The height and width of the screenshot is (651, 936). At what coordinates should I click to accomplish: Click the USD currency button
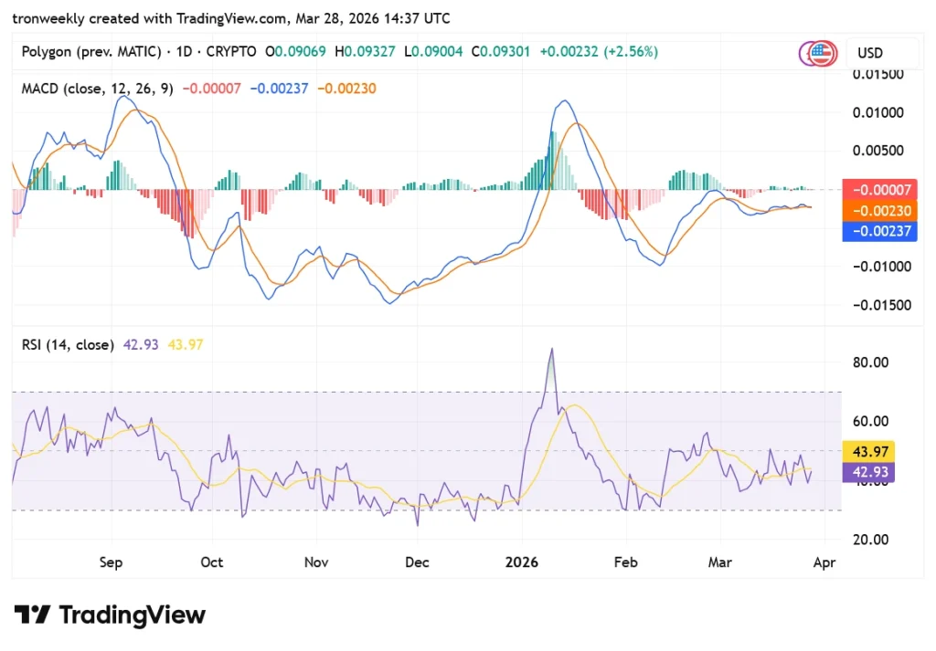coord(869,53)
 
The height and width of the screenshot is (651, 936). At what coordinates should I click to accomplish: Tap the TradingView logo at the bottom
coord(110,614)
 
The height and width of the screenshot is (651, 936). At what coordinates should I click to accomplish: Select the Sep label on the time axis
coord(111,562)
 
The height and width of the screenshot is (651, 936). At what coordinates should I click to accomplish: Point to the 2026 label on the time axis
coord(522,562)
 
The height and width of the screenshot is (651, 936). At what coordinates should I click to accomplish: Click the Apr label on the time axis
coord(824,562)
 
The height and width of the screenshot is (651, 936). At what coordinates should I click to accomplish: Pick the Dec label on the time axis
coord(417,562)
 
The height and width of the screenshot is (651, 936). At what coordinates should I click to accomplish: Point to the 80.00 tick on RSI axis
coord(870,362)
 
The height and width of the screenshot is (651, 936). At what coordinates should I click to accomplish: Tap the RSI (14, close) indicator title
coord(68,344)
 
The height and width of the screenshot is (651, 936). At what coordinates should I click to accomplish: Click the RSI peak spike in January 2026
coord(551,350)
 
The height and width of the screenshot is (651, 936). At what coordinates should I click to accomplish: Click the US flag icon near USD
coord(822,53)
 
